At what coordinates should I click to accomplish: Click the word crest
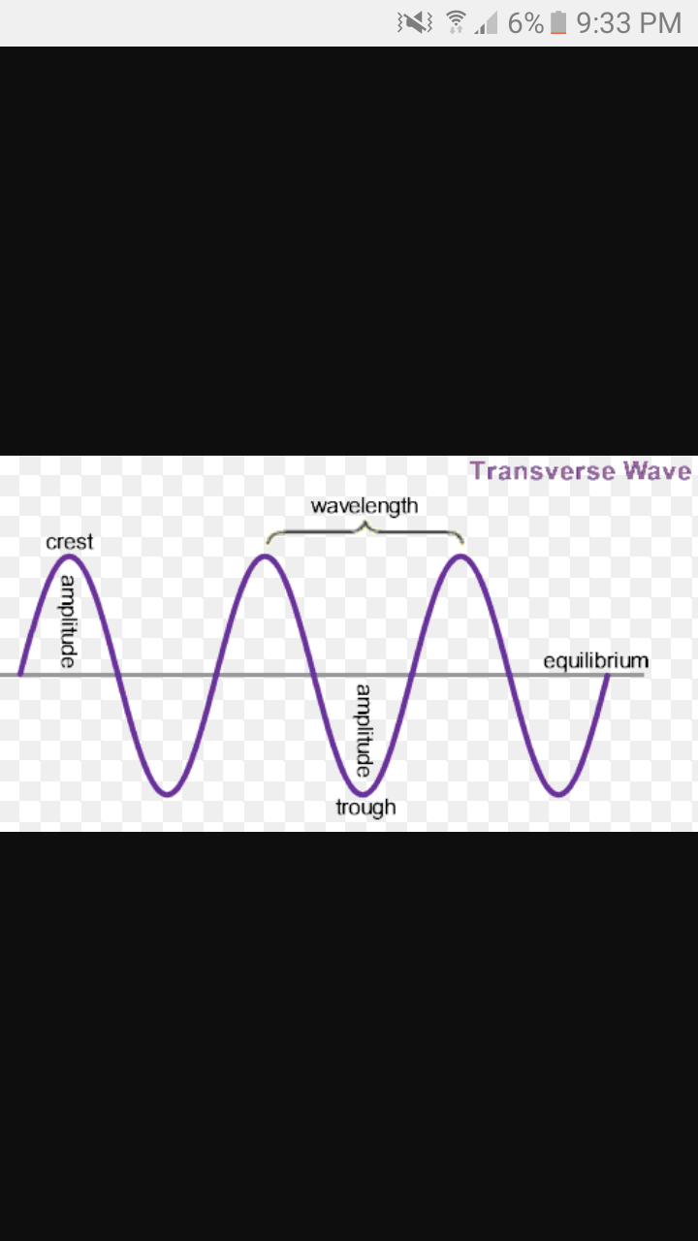(70, 542)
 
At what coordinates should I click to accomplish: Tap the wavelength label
(365, 506)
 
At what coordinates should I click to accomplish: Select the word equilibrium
(595, 661)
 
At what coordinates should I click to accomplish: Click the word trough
(365, 807)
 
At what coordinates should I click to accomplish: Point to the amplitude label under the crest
(68, 620)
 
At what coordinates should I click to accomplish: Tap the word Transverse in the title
(542, 471)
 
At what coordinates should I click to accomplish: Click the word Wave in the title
(657, 471)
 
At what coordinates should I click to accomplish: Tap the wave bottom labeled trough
(365, 794)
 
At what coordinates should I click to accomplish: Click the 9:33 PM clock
(629, 23)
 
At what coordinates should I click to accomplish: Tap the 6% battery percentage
(525, 23)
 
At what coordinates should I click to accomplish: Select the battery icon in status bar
(557, 23)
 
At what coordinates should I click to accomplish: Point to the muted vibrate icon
(415, 22)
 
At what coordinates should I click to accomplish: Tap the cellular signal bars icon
(486, 23)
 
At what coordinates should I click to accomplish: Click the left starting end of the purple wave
(19, 673)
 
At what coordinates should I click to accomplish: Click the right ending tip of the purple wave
(608, 673)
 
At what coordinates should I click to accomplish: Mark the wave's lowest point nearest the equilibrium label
(558, 795)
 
